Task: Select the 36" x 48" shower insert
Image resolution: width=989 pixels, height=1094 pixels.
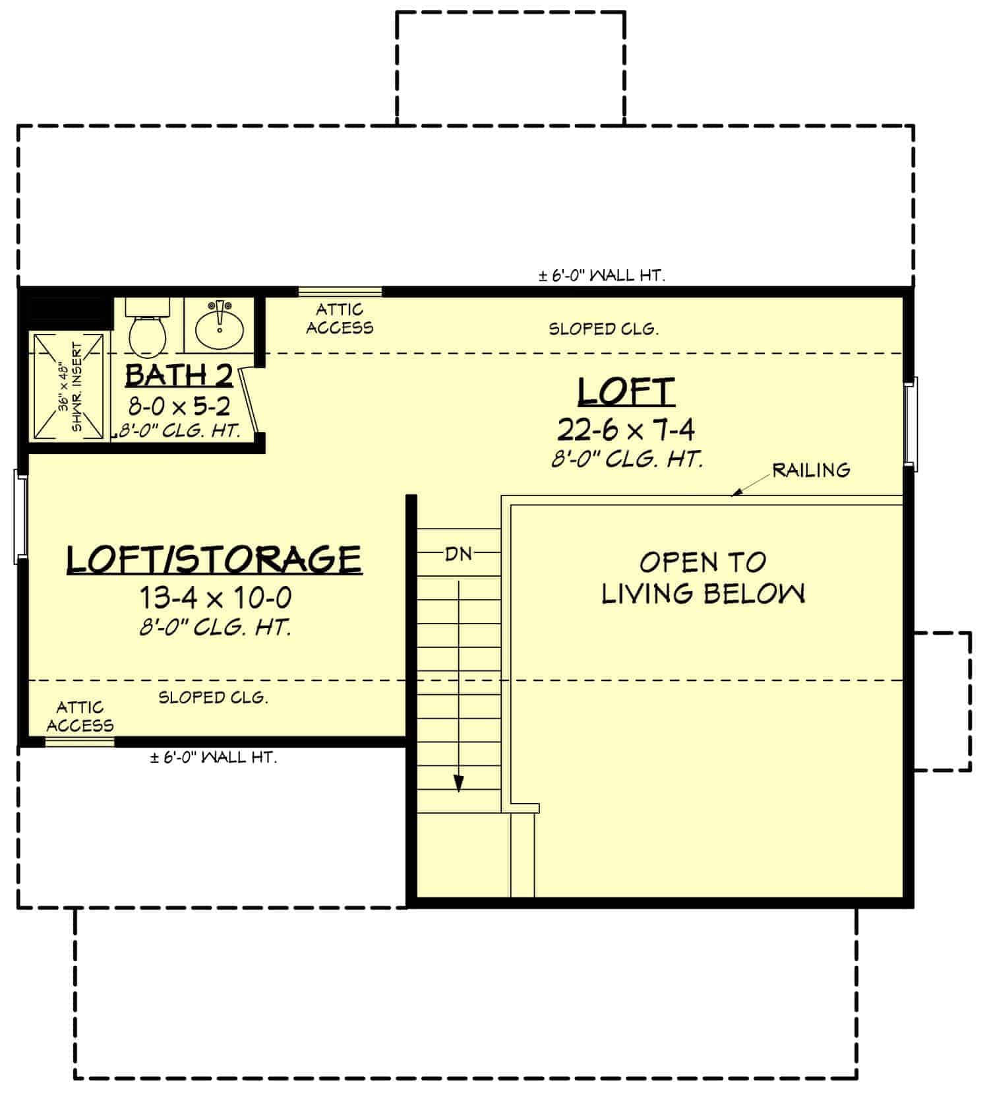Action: click(x=69, y=387)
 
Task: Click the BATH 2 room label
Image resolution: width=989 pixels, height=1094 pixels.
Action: click(x=179, y=375)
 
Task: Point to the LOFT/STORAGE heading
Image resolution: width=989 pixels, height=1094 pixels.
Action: click(x=214, y=559)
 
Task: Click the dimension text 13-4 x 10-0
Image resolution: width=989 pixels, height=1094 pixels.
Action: click(x=215, y=598)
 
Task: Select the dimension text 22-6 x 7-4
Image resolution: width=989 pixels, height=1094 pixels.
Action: click(x=626, y=430)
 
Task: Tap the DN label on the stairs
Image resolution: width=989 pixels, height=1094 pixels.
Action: click(x=458, y=554)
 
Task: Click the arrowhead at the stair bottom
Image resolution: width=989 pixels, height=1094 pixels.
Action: click(x=459, y=783)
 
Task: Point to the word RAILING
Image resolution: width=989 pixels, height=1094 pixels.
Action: click(x=811, y=470)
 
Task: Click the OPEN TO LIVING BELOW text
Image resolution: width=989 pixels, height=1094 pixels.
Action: click(x=703, y=578)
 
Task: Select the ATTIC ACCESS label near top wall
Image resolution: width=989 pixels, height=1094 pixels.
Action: click(x=340, y=319)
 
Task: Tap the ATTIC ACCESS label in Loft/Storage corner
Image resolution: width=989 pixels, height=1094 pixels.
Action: click(x=80, y=717)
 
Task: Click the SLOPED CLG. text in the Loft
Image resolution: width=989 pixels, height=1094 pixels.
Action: click(x=603, y=329)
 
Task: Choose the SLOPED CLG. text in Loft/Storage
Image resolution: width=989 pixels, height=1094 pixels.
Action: click(x=213, y=697)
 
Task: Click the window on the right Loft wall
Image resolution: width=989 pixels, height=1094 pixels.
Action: click(x=911, y=423)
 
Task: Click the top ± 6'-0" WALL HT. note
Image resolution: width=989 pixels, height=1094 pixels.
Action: click(x=601, y=276)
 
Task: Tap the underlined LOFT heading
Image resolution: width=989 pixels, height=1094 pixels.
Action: click(x=626, y=392)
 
